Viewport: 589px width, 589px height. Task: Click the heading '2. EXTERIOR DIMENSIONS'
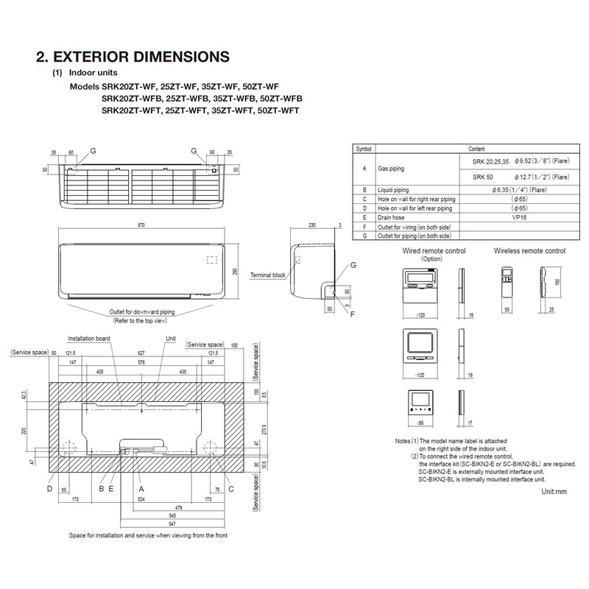coord(133,57)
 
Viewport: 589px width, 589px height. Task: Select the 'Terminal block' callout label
coord(268,274)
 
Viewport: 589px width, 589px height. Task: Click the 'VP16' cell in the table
coord(519,218)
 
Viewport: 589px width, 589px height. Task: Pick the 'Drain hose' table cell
coord(392,218)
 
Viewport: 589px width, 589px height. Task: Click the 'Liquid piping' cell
coord(395,190)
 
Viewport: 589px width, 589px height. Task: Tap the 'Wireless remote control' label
coord(530,251)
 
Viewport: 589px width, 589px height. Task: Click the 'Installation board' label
coord(89,338)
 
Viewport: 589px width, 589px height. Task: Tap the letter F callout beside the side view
coord(351,314)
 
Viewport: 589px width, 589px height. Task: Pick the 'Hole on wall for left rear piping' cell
coord(417,208)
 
